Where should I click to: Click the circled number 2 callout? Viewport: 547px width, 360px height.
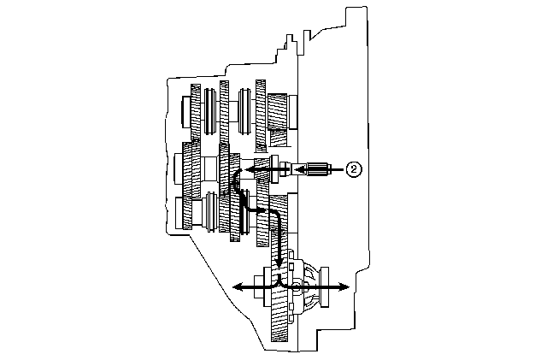coord(354,169)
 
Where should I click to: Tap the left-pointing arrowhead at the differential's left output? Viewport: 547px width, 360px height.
coord(238,287)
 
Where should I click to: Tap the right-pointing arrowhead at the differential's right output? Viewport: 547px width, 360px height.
coord(344,287)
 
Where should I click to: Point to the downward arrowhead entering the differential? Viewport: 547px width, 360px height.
coord(279,262)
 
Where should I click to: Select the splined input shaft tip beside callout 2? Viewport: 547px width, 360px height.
coord(318,169)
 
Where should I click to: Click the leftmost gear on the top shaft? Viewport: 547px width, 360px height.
coord(196,112)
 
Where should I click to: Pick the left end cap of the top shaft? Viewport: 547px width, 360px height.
coord(186,112)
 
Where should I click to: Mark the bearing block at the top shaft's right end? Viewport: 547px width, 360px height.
coord(292,112)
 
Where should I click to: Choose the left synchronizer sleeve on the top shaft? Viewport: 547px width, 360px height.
coord(209,111)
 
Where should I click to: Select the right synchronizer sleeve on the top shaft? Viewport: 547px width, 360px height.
coord(244,111)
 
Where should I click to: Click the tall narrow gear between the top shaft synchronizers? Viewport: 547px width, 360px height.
coord(224,112)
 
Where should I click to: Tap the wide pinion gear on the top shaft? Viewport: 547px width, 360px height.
coord(278,112)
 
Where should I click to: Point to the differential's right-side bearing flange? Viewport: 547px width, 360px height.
coord(325,287)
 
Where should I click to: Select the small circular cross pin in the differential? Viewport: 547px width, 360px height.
coord(296,287)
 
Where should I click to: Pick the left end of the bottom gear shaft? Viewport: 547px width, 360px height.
coord(179,213)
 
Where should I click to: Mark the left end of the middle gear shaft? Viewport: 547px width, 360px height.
coord(179,169)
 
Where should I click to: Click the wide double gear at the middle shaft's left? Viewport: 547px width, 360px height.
coord(191,169)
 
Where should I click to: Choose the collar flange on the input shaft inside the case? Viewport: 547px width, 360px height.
coord(274,169)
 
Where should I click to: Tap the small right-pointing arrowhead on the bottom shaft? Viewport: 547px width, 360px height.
coord(262,210)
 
